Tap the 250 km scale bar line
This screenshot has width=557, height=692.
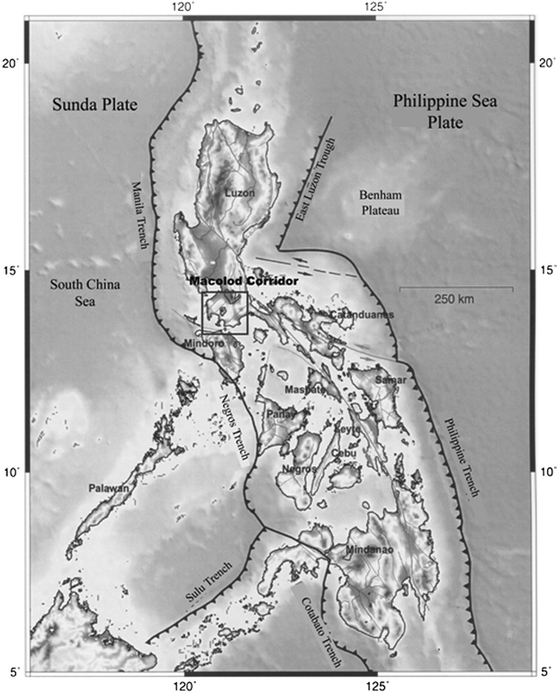[456, 289]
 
